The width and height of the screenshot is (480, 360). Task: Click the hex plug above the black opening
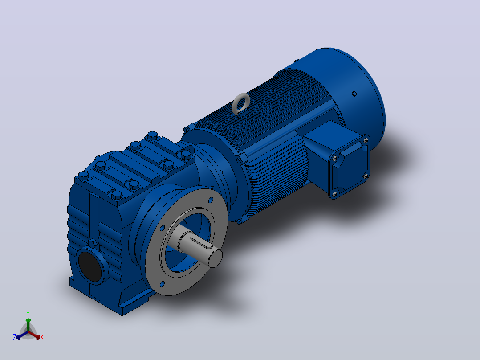point(93,244)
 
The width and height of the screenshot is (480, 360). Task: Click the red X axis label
point(42,337)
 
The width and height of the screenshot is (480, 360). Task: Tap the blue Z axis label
point(14,337)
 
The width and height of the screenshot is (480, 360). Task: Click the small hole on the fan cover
point(354,94)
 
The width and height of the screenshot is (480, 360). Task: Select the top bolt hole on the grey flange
point(211,200)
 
